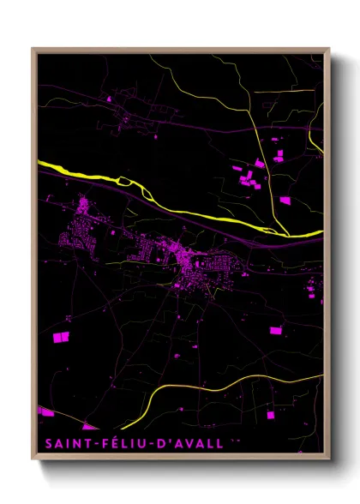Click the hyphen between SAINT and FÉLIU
pyautogui.click(x=97, y=444)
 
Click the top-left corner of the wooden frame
pyautogui.click(x=33, y=49)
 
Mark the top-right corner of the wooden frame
pyautogui.click(x=328, y=49)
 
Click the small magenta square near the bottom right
pyautogui.click(x=271, y=415)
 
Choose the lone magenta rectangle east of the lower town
pyautogui.click(x=276, y=330)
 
